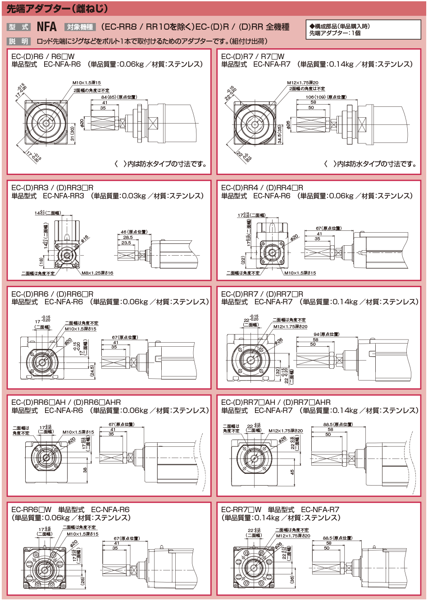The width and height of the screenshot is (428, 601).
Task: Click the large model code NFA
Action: tap(46, 27)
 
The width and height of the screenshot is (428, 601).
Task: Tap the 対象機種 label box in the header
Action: tap(79, 27)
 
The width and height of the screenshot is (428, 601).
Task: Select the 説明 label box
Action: tap(18, 41)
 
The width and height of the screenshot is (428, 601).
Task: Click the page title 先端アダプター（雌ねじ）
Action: tap(57, 9)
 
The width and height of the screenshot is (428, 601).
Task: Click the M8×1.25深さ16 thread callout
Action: tap(97, 273)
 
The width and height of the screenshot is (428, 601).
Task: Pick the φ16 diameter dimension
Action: tap(84, 239)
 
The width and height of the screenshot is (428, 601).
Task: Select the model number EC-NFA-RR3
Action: tap(64, 196)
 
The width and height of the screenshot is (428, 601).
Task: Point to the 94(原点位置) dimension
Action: tap(327, 334)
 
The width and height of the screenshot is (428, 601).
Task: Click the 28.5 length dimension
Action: tap(127, 237)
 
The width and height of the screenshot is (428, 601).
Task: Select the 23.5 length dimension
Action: tap(126, 243)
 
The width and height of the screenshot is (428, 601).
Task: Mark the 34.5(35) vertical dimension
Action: tap(279, 135)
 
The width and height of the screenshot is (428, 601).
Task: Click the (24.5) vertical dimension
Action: tap(92, 371)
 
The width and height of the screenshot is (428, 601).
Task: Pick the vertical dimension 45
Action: tap(292, 472)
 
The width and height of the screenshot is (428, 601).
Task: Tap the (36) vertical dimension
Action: tap(292, 580)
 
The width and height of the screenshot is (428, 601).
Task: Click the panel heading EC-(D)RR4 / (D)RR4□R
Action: tap(262, 188)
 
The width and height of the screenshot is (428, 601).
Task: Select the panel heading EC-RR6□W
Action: tap(32, 509)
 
